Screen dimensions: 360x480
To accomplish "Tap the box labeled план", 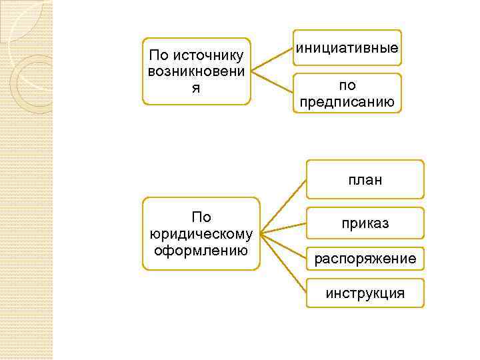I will click(365, 179).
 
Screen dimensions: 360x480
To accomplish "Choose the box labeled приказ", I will click(365, 223).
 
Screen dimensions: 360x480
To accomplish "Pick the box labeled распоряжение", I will click(365, 258).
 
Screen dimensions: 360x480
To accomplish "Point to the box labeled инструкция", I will click(365, 293).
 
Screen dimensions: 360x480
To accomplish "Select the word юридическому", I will click(201, 234).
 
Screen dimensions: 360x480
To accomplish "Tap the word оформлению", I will click(201, 251).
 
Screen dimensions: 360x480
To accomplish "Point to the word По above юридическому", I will click(201, 217).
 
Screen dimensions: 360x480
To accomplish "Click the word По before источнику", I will click(159, 55).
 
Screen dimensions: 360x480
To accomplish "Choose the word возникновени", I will click(196, 71).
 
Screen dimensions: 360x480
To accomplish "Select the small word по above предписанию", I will click(347, 85).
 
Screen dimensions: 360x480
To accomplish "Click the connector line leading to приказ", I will click(284, 227).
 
